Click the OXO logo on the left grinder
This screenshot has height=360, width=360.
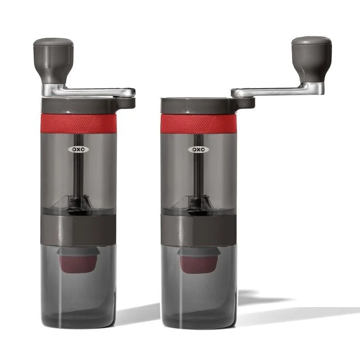(78, 149)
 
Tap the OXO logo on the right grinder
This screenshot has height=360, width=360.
(198, 149)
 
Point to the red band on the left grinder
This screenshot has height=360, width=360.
(78, 123)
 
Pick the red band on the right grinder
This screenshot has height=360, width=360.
(198, 123)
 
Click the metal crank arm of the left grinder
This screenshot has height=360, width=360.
(93, 92)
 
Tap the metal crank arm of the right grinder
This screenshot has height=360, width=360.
(270, 91)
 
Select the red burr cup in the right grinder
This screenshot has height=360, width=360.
(198, 262)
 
